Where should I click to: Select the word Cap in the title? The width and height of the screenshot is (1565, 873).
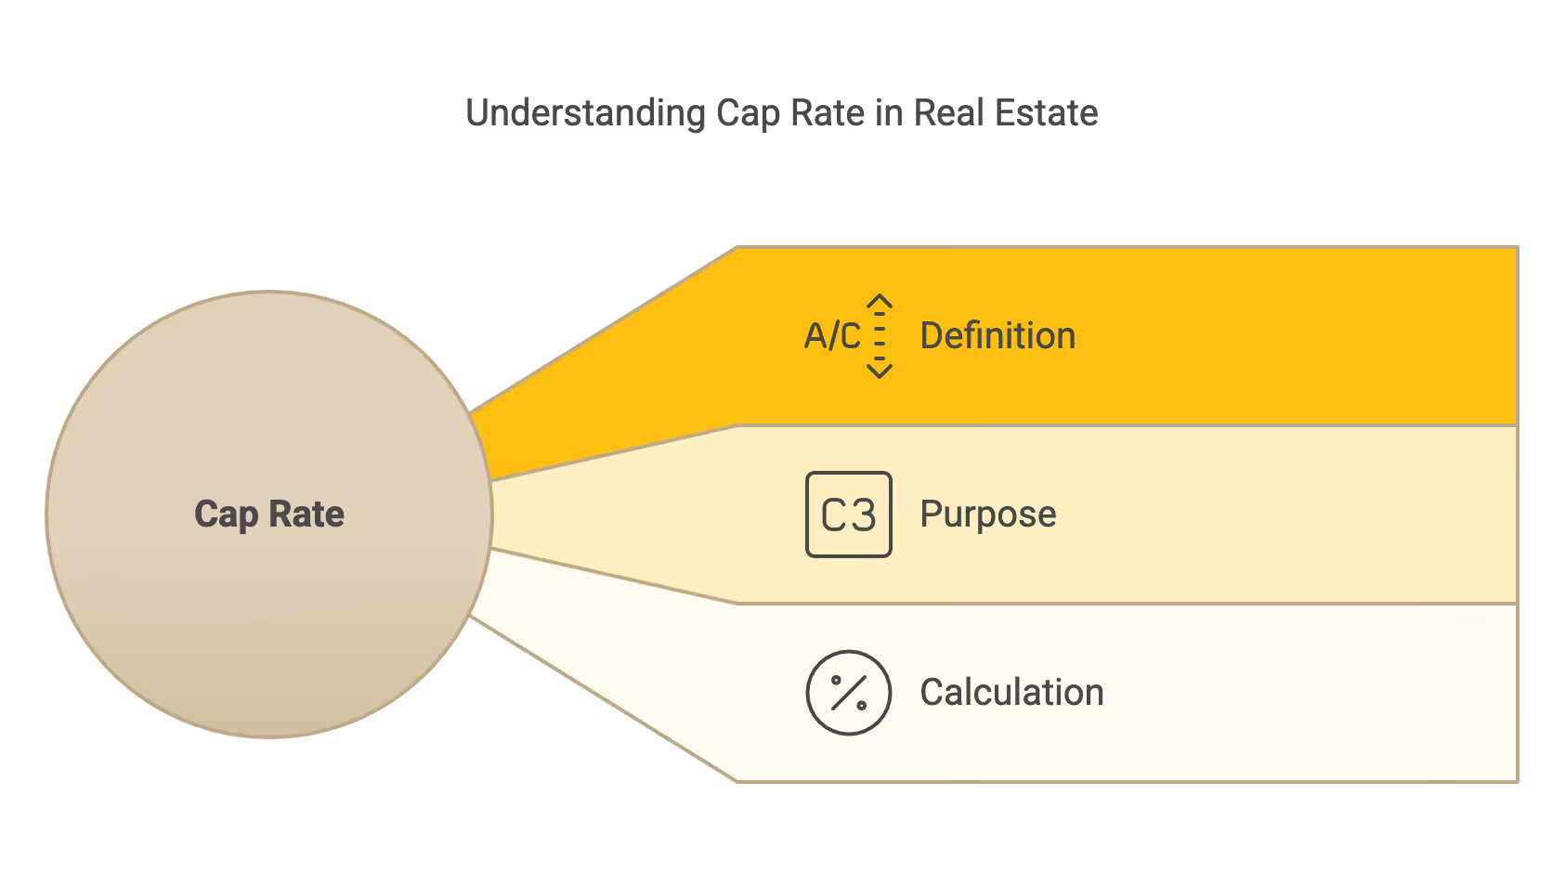pos(747,114)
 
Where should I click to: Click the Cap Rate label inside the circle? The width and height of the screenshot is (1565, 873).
pos(269,515)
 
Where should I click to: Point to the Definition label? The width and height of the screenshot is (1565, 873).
pos(998,336)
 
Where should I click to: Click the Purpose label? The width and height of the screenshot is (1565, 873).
pos(987,515)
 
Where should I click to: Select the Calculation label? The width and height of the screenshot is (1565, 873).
pos(1011,693)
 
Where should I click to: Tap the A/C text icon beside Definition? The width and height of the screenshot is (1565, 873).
pos(832,336)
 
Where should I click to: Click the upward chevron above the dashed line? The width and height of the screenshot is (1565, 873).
pos(880,302)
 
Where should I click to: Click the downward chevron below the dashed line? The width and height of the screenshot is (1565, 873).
pos(880,371)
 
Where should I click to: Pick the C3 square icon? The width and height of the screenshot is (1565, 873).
pos(849,515)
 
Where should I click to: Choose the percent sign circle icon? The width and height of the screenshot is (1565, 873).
pos(849,693)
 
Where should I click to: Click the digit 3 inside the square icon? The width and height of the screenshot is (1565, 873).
pos(864,515)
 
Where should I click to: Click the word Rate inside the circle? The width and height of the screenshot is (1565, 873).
pos(306,515)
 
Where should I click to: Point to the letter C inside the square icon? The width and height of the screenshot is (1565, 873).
pos(833,515)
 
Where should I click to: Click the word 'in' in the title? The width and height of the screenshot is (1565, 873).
pos(889,113)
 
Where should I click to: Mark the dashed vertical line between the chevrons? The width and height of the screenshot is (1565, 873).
pos(880,336)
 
